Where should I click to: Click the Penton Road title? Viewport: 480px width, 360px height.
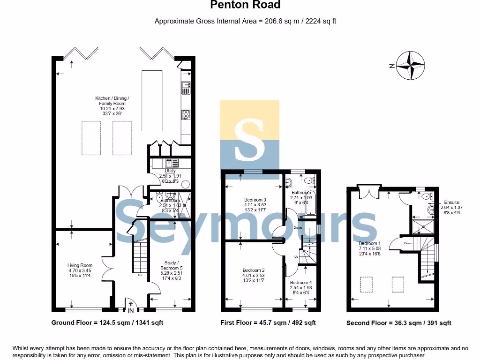coord(245,5)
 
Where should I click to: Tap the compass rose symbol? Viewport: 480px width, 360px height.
coord(411,66)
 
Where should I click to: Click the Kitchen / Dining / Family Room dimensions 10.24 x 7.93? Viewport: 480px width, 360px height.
coord(112,108)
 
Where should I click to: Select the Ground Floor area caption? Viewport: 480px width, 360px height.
coord(107,322)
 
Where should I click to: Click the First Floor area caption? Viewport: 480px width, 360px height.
coord(268,322)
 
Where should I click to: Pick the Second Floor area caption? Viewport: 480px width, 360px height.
coord(398,323)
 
